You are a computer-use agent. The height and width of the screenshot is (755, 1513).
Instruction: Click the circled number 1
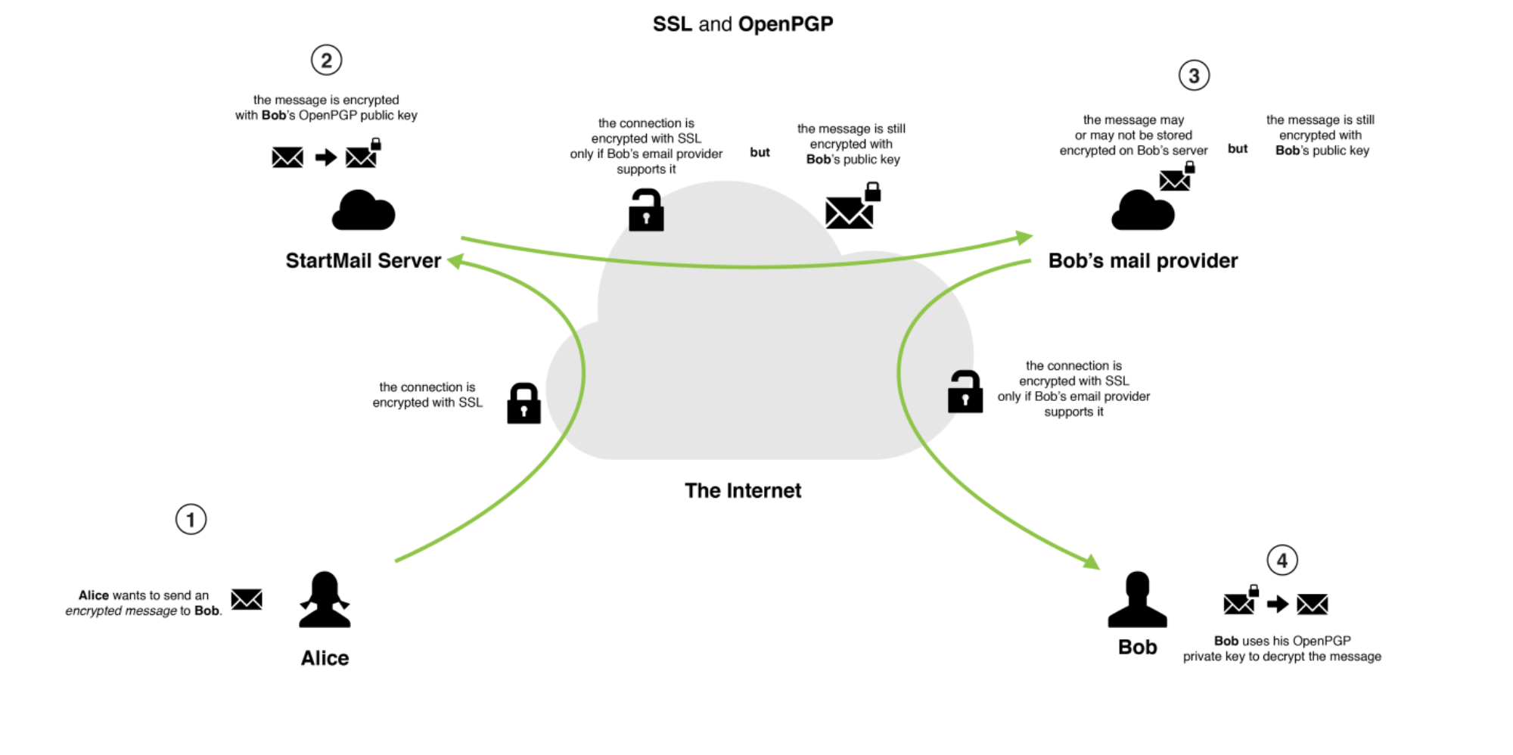[x=191, y=520]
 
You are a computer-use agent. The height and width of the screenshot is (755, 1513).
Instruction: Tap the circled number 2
[x=326, y=60]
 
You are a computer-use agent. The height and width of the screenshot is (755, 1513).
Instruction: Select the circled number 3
[x=1194, y=76]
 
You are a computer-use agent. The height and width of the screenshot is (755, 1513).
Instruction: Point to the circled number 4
[x=1282, y=561]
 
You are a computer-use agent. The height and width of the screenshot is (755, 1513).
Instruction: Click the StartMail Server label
[x=363, y=261]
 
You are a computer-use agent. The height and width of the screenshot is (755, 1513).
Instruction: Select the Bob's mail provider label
[x=1142, y=261]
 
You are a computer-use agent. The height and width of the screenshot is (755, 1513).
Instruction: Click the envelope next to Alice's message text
[x=247, y=599]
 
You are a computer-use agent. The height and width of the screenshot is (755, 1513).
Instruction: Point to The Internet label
[x=742, y=491]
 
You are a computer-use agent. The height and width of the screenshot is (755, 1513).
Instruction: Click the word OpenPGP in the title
[x=785, y=24]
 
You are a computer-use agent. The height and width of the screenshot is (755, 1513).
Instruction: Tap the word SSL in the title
[x=672, y=24]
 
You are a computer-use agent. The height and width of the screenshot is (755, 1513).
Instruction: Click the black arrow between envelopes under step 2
[x=325, y=157]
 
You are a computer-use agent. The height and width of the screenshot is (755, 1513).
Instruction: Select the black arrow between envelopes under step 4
[x=1277, y=604]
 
